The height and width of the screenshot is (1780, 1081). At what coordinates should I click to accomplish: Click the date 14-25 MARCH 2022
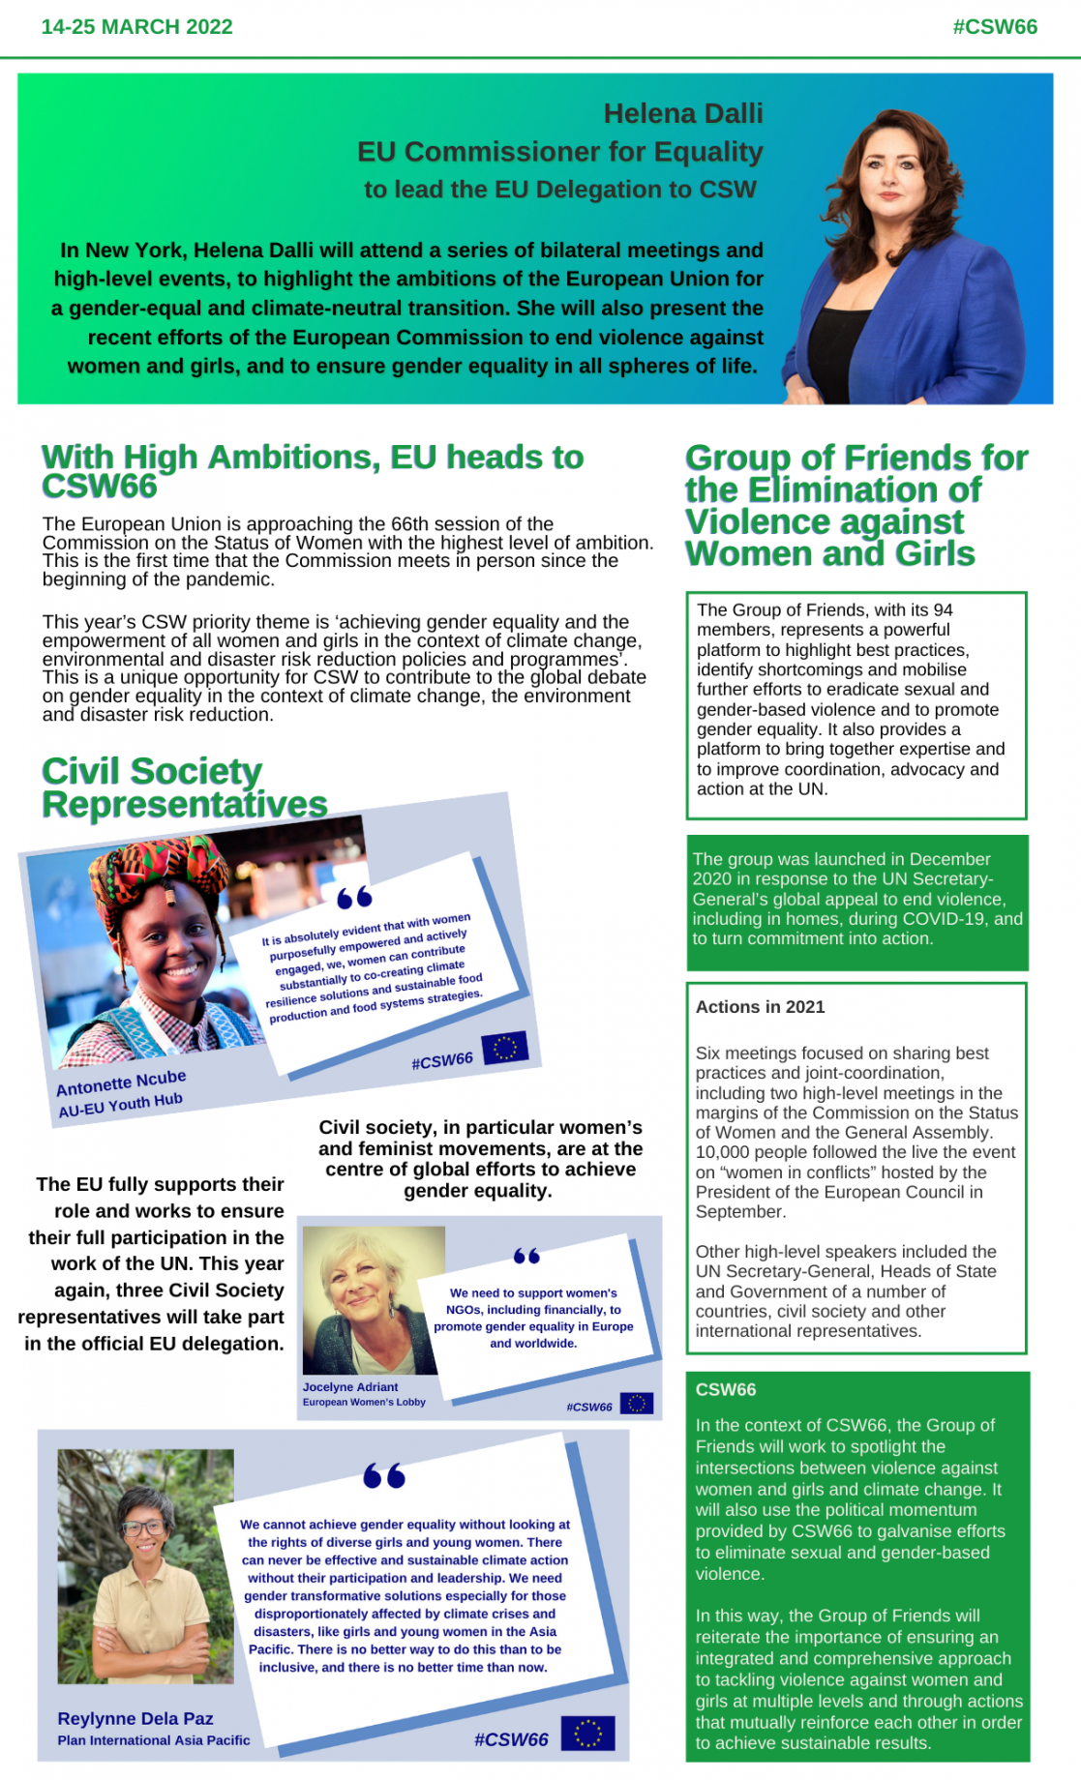pyautogui.click(x=136, y=27)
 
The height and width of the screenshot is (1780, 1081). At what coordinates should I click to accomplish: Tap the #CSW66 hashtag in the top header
pyautogui.click(x=994, y=27)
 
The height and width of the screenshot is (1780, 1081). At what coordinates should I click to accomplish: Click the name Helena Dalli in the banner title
pyautogui.click(x=682, y=114)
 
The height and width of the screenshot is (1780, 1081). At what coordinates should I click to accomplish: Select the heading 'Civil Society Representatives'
pyautogui.click(x=184, y=787)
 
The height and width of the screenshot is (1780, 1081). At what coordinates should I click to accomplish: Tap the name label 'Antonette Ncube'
pyautogui.click(x=121, y=1083)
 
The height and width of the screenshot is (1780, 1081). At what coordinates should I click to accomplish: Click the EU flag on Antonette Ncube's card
pyautogui.click(x=504, y=1047)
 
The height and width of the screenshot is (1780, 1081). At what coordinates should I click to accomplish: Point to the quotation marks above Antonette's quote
pyautogui.click(x=354, y=898)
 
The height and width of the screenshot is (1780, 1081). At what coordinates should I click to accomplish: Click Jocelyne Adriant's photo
pyautogui.click(x=373, y=1299)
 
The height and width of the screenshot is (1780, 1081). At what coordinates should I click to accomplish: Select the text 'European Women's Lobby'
pyautogui.click(x=364, y=1402)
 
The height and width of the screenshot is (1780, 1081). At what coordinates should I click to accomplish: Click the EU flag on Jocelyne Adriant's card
pyautogui.click(x=636, y=1403)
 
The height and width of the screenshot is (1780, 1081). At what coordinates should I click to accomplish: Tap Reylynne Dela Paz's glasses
pyautogui.click(x=144, y=1528)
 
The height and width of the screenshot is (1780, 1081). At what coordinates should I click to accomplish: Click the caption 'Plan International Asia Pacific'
pyautogui.click(x=153, y=1739)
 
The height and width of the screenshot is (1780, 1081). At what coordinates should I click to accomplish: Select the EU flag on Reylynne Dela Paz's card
pyautogui.click(x=587, y=1733)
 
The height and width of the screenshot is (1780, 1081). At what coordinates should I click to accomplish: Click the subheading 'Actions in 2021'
pyautogui.click(x=760, y=1007)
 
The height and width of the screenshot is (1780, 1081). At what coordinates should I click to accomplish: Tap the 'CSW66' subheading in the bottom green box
pyautogui.click(x=725, y=1389)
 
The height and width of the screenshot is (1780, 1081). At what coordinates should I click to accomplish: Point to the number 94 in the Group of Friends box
pyautogui.click(x=943, y=610)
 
